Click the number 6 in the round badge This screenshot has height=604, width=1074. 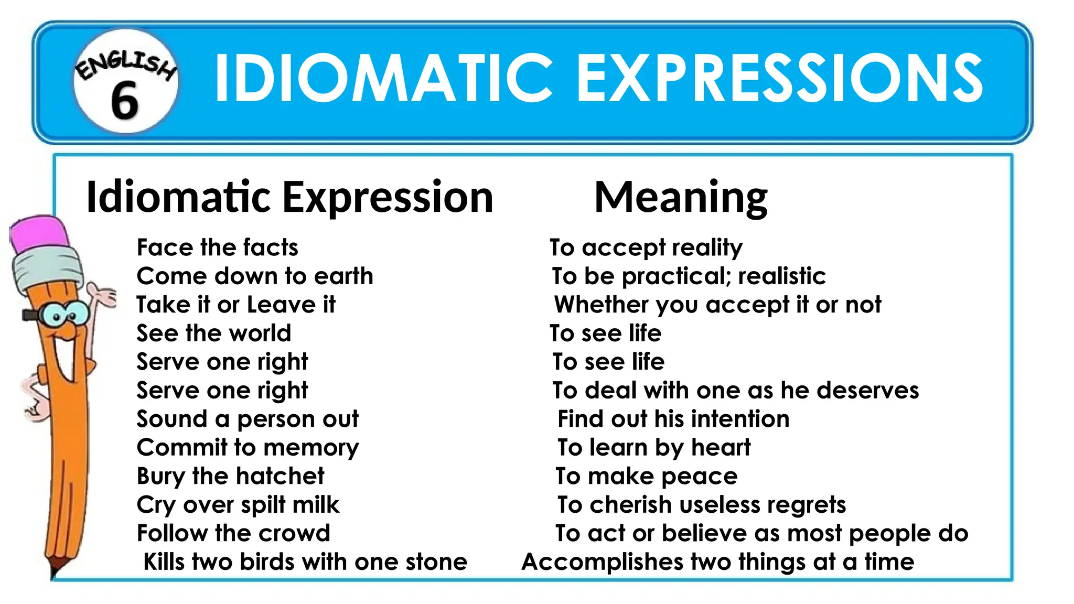pyautogui.click(x=125, y=101)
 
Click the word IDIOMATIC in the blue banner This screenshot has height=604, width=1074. pyautogui.click(x=383, y=79)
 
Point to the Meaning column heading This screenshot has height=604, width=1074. pyautogui.click(x=681, y=198)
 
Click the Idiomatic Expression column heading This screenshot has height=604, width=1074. pyautogui.click(x=289, y=198)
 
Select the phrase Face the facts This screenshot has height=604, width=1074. pyautogui.click(x=217, y=247)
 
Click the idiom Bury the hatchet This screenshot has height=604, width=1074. pyautogui.click(x=230, y=476)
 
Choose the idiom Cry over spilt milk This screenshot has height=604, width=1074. pyautogui.click(x=238, y=505)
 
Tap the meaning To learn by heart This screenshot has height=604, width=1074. pyautogui.click(x=654, y=448)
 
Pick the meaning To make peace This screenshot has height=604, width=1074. pyautogui.click(x=647, y=476)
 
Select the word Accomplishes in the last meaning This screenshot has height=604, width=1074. pyautogui.click(x=602, y=562)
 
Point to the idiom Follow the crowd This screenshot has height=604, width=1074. pyautogui.click(x=233, y=533)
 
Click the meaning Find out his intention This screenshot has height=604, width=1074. pyautogui.click(x=673, y=419)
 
